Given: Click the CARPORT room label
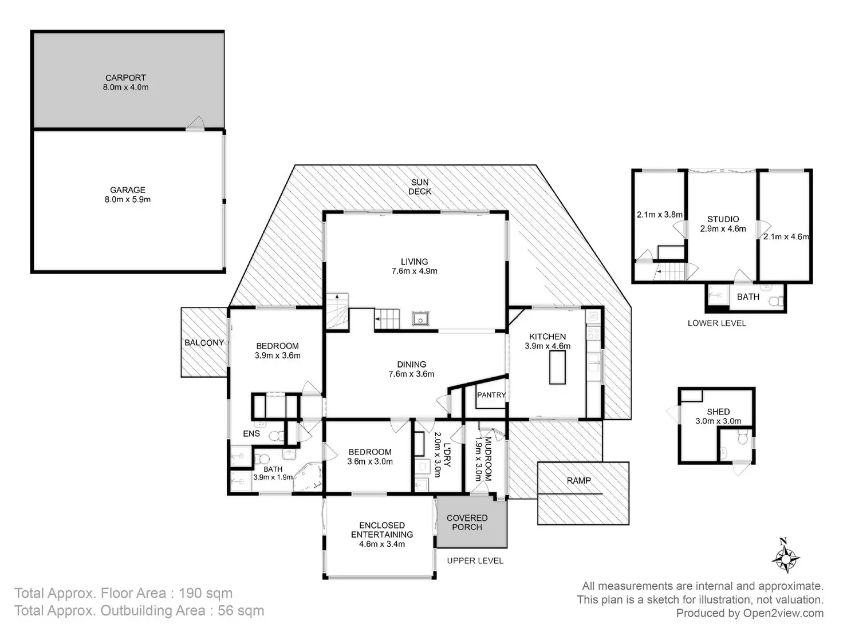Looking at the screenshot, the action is [x=125, y=77].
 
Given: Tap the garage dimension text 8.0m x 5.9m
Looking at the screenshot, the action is [x=128, y=200].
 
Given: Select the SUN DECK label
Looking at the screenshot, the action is [x=420, y=187].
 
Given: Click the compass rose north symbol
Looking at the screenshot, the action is [x=786, y=558].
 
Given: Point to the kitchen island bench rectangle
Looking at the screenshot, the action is [x=557, y=367].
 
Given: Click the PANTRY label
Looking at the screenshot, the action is [x=491, y=395].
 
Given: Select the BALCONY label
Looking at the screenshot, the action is [x=204, y=343].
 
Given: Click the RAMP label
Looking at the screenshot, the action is [x=579, y=480].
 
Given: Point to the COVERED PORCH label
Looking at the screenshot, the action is [x=467, y=523].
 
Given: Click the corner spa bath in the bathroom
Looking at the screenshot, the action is [x=308, y=477].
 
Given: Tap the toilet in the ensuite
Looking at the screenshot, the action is [x=277, y=436].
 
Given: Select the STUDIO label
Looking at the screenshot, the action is [x=723, y=219].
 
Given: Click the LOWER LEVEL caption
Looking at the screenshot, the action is [x=716, y=323].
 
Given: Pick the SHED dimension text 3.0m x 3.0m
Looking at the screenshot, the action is [x=718, y=421].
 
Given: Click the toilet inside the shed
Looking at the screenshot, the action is [x=742, y=437].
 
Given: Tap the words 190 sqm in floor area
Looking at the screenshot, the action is [x=206, y=593].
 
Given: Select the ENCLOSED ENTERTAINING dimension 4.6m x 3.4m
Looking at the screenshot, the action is [x=382, y=544].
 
